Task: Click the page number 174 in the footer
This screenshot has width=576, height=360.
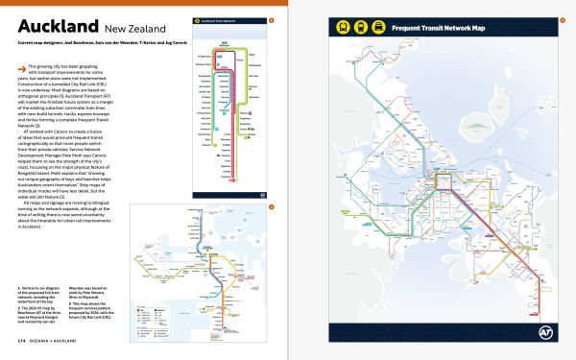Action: [x=21, y=340]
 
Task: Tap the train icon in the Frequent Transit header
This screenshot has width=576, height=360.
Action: [x=357, y=29]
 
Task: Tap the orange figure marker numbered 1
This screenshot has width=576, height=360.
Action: [x=272, y=18]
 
